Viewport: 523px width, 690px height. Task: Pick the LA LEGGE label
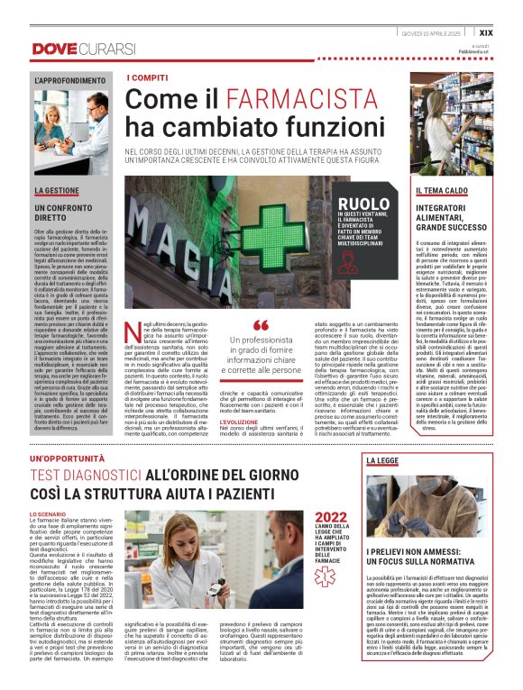383,460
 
